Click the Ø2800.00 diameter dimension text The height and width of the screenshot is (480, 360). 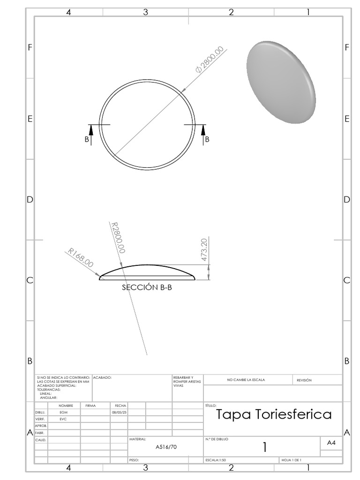tap(210, 60)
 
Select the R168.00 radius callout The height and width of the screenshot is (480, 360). tap(81, 257)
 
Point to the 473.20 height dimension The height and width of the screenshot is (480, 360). tap(204, 250)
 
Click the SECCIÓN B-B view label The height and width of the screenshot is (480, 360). tap(147, 288)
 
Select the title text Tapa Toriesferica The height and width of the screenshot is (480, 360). tap(274, 414)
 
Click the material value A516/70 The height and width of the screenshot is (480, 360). tap(166, 447)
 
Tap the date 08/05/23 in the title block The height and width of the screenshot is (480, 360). tap(119, 412)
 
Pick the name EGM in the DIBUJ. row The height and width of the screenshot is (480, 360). tap(64, 412)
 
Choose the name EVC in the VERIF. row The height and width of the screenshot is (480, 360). tap(64, 419)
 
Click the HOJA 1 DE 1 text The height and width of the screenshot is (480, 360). tap(291, 460)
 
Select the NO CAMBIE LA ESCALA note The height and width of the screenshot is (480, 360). tap(246, 380)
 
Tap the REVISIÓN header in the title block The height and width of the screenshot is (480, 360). tap(304, 380)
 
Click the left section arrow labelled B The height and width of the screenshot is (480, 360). tap(91, 135)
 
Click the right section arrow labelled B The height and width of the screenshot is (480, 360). tap(203, 135)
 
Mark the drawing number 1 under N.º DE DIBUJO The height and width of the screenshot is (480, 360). tap(265, 448)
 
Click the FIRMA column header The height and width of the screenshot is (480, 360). tap(90, 405)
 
